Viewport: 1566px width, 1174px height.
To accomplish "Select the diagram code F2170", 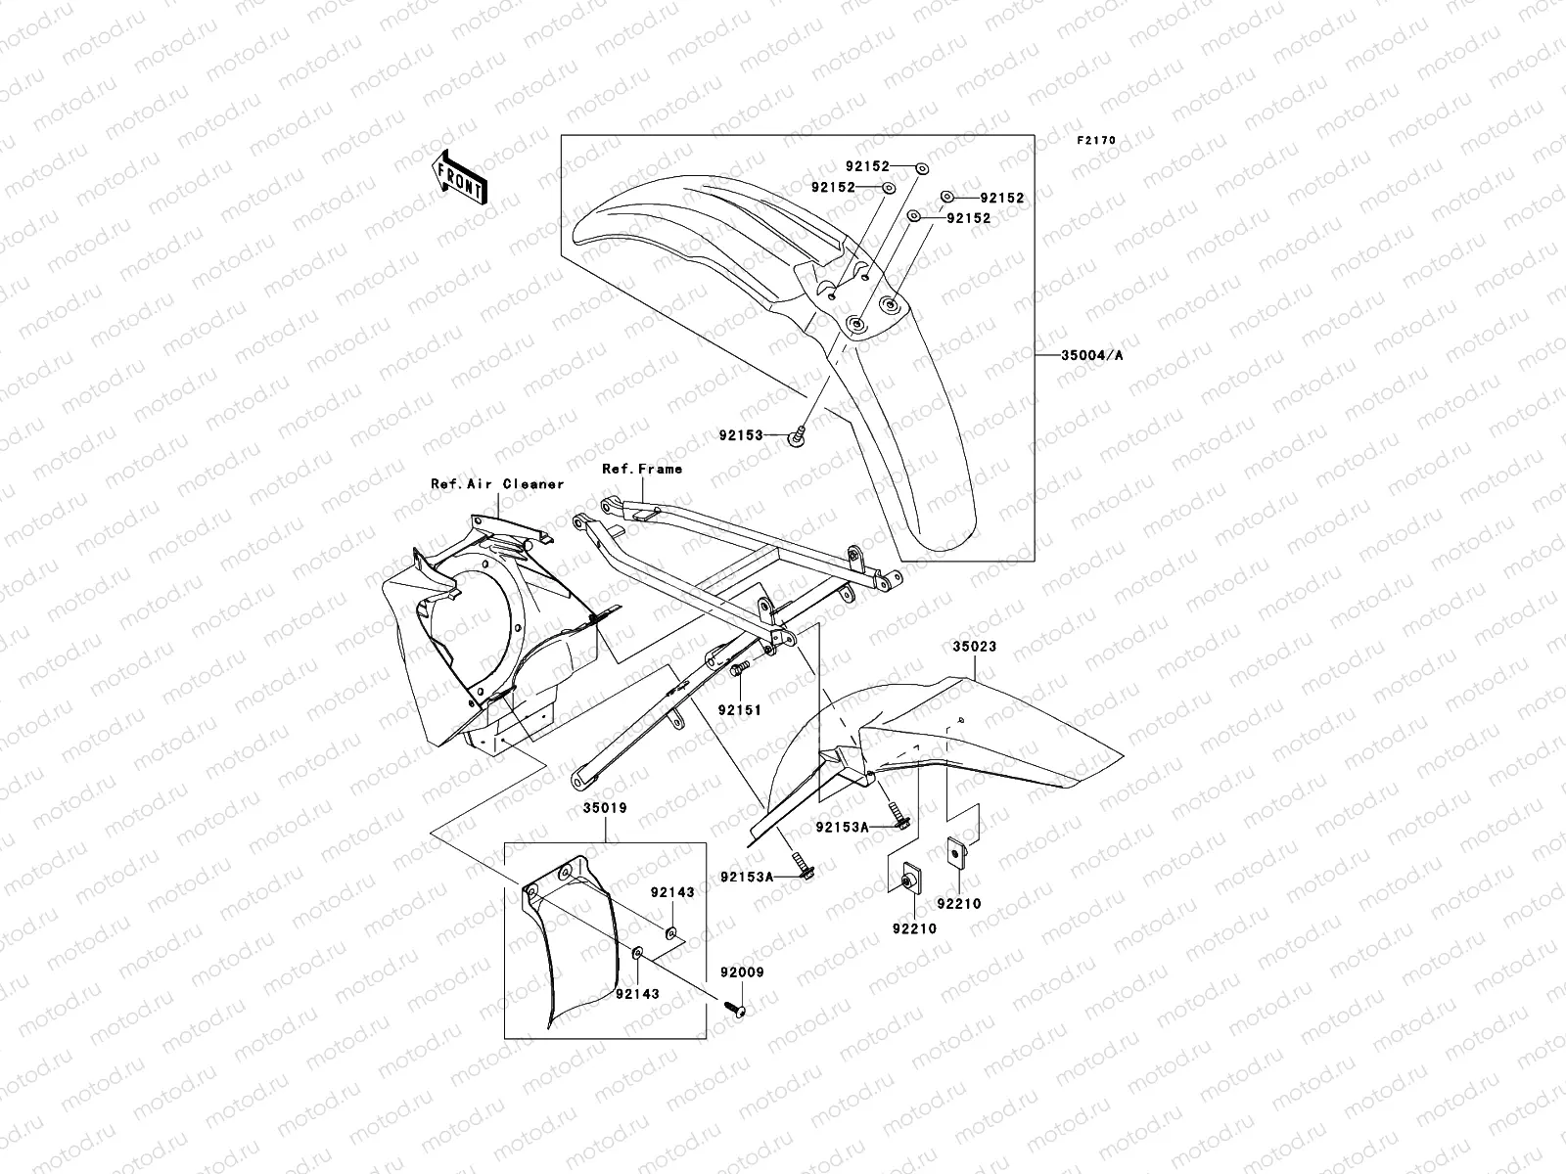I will pyautogui.click(x=1096, y=141).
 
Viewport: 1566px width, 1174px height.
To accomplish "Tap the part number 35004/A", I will pyautogui.click(x=1092, y=355).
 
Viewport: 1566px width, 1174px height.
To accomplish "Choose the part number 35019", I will pyautogui.click(x=605, y=809).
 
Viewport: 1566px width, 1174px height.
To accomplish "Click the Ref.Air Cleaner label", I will pyautogui.click(x=497, y=484).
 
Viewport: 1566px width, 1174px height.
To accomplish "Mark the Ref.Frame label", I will pyautogui.click(x=642, y=470).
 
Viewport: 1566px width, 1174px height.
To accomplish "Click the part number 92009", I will pyautogui.click(x=742, y=973).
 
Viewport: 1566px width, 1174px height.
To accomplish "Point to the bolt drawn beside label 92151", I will pyautogui.click(x=740, y=667).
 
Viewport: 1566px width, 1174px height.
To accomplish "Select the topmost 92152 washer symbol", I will pyautogui.click(x=922, y=169).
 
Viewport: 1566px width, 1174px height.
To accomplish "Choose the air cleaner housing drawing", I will pyautogui.click(x=470, y=636).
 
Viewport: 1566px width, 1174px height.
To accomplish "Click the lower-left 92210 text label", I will pyautogui.click(x=913, y=928).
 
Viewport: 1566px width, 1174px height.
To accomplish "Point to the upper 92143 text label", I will pyautogui.click(x=672, y=892).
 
